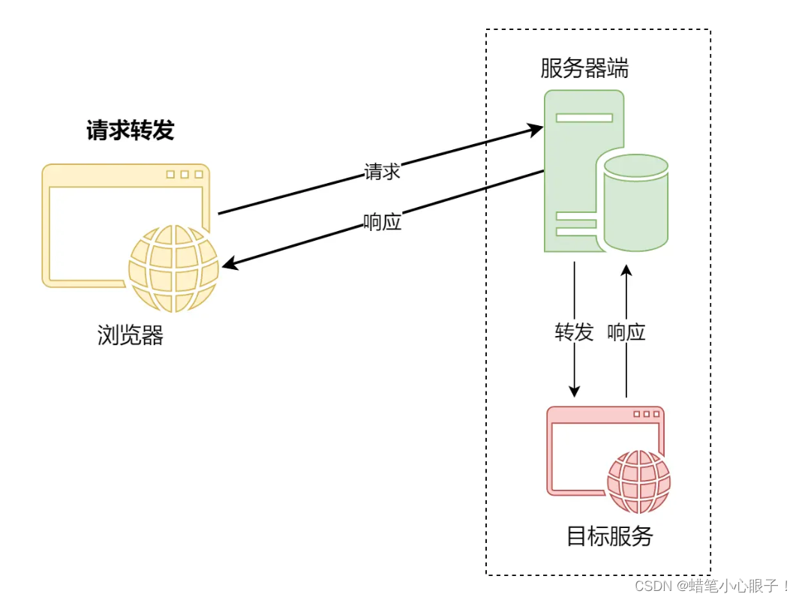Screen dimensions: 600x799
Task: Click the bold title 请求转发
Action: point(130,130)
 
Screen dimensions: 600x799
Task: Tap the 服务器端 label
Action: point(584,68)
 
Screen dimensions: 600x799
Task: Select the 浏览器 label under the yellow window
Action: point(130,334)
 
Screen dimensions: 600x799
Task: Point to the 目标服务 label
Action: point(609,535)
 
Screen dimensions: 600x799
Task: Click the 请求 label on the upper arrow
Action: point(382,171)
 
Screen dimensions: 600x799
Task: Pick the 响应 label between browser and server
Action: point(382,222)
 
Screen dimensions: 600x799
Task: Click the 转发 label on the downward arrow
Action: point(574,331)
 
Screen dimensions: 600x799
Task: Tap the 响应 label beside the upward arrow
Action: point(626,331)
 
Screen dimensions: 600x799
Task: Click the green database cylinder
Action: point(636,202)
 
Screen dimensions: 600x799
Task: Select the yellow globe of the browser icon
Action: point(173,268)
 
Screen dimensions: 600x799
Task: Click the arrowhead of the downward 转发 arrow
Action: point(574,391)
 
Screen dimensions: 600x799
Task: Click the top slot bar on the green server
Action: point(584,117)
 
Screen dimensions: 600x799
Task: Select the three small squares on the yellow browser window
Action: point(185,174)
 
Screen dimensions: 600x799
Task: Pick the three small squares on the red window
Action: point(646,414)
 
